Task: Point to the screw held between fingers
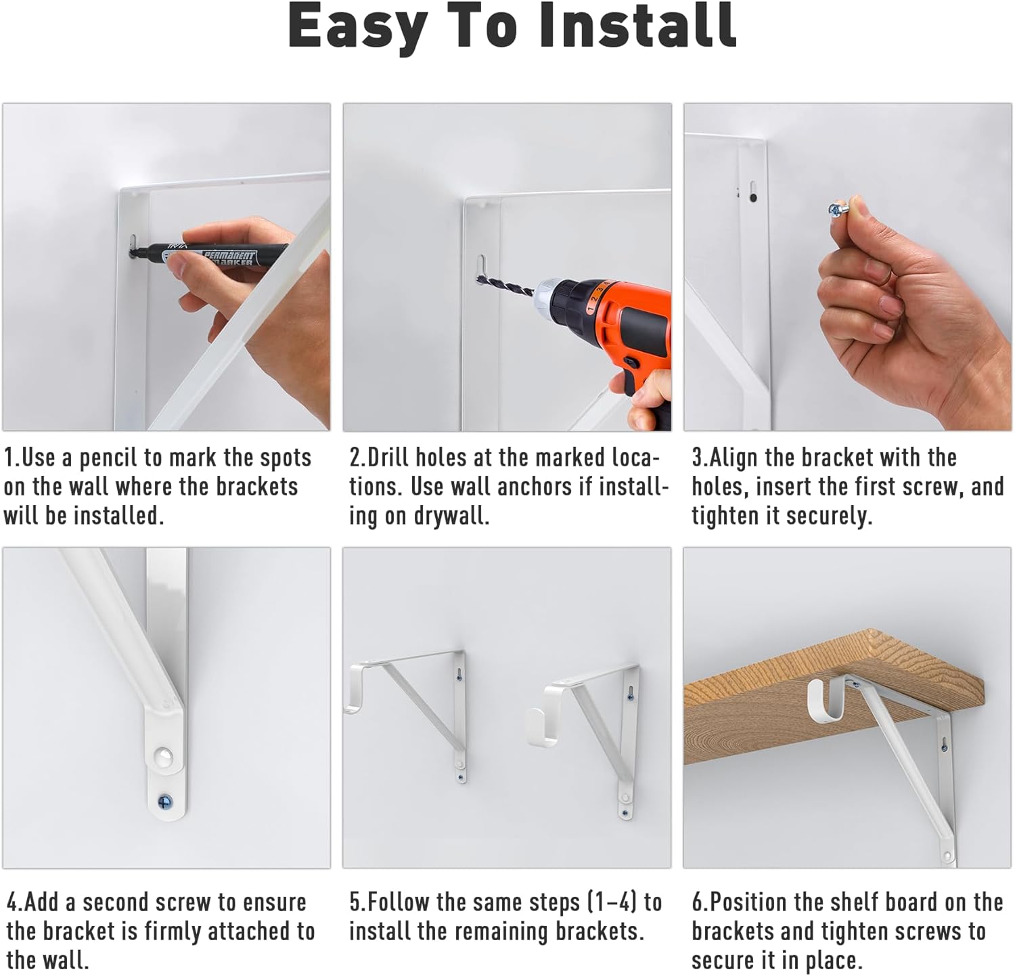(837, 210)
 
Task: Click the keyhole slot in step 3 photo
(752, 192)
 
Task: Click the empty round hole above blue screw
(162, 755)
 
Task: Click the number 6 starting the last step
(697, 903)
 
